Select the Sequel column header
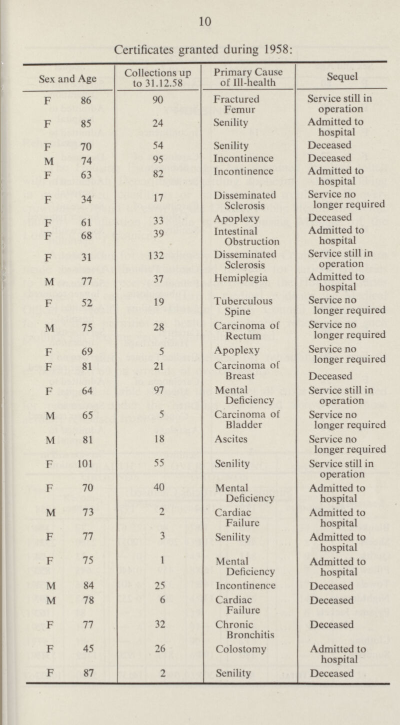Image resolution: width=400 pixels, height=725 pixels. tap(343, 78)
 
